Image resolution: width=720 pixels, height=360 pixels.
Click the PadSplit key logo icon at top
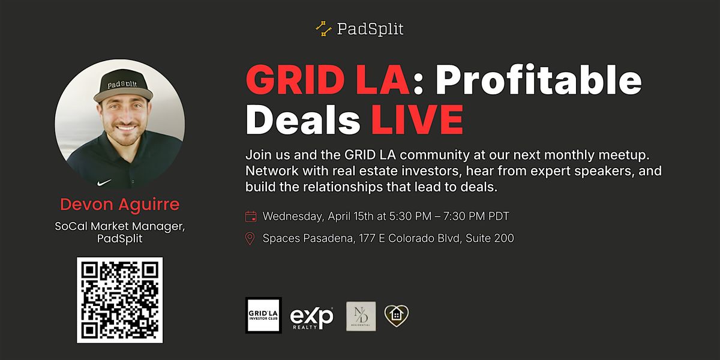[x=323, y=29]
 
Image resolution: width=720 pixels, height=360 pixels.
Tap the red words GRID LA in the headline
[x=328, y=80]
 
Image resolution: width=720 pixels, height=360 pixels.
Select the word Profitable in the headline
[x=538, y=80]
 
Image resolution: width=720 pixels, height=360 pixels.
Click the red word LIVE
[x=417, y=119]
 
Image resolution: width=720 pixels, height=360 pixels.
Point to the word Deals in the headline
[x=303, y=119]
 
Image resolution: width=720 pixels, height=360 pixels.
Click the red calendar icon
[x=251, y=217]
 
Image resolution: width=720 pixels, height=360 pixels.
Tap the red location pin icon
[x=250, y=239]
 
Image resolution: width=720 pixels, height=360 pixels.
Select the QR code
[x=119, y=300]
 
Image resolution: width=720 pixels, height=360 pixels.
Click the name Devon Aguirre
[x=119, y=204]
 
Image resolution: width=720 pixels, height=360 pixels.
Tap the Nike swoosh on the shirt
[x=104, y=182]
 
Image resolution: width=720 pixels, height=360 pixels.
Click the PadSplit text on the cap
[x=122, y=84]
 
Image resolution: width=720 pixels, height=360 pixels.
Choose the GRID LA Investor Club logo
[x=263, y=315]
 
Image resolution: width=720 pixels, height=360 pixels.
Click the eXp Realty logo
[x=311, y=317]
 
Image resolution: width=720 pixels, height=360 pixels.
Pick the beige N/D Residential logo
[x=361, y=316]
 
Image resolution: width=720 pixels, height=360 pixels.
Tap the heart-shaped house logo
[x=397, y=316]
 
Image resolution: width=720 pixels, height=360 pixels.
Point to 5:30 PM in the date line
[x=410, y=217]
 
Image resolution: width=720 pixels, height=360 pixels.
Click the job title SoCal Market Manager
[x=120, y=226]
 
